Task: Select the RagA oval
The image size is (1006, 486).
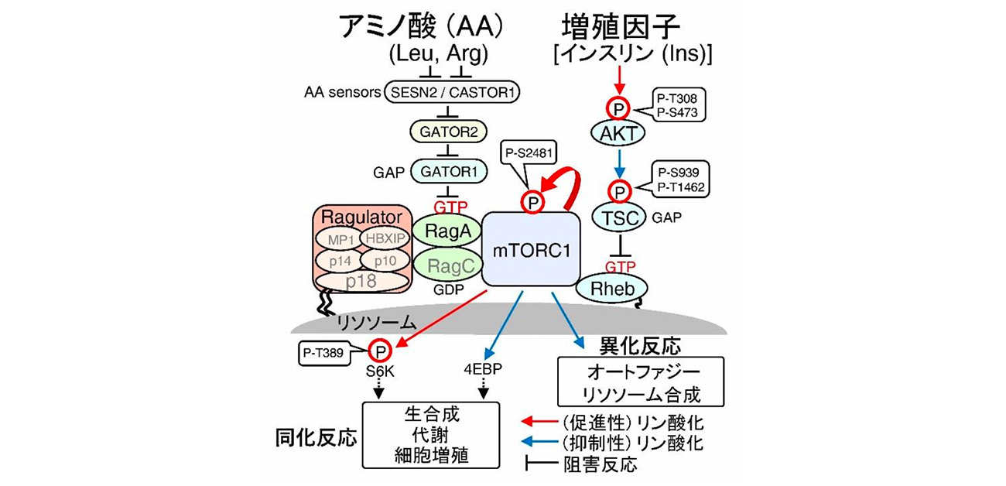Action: [446, 231]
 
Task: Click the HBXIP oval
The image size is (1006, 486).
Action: [387, 240]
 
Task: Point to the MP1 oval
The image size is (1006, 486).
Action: [341, 240]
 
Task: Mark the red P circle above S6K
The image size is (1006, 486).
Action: [379, 351]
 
